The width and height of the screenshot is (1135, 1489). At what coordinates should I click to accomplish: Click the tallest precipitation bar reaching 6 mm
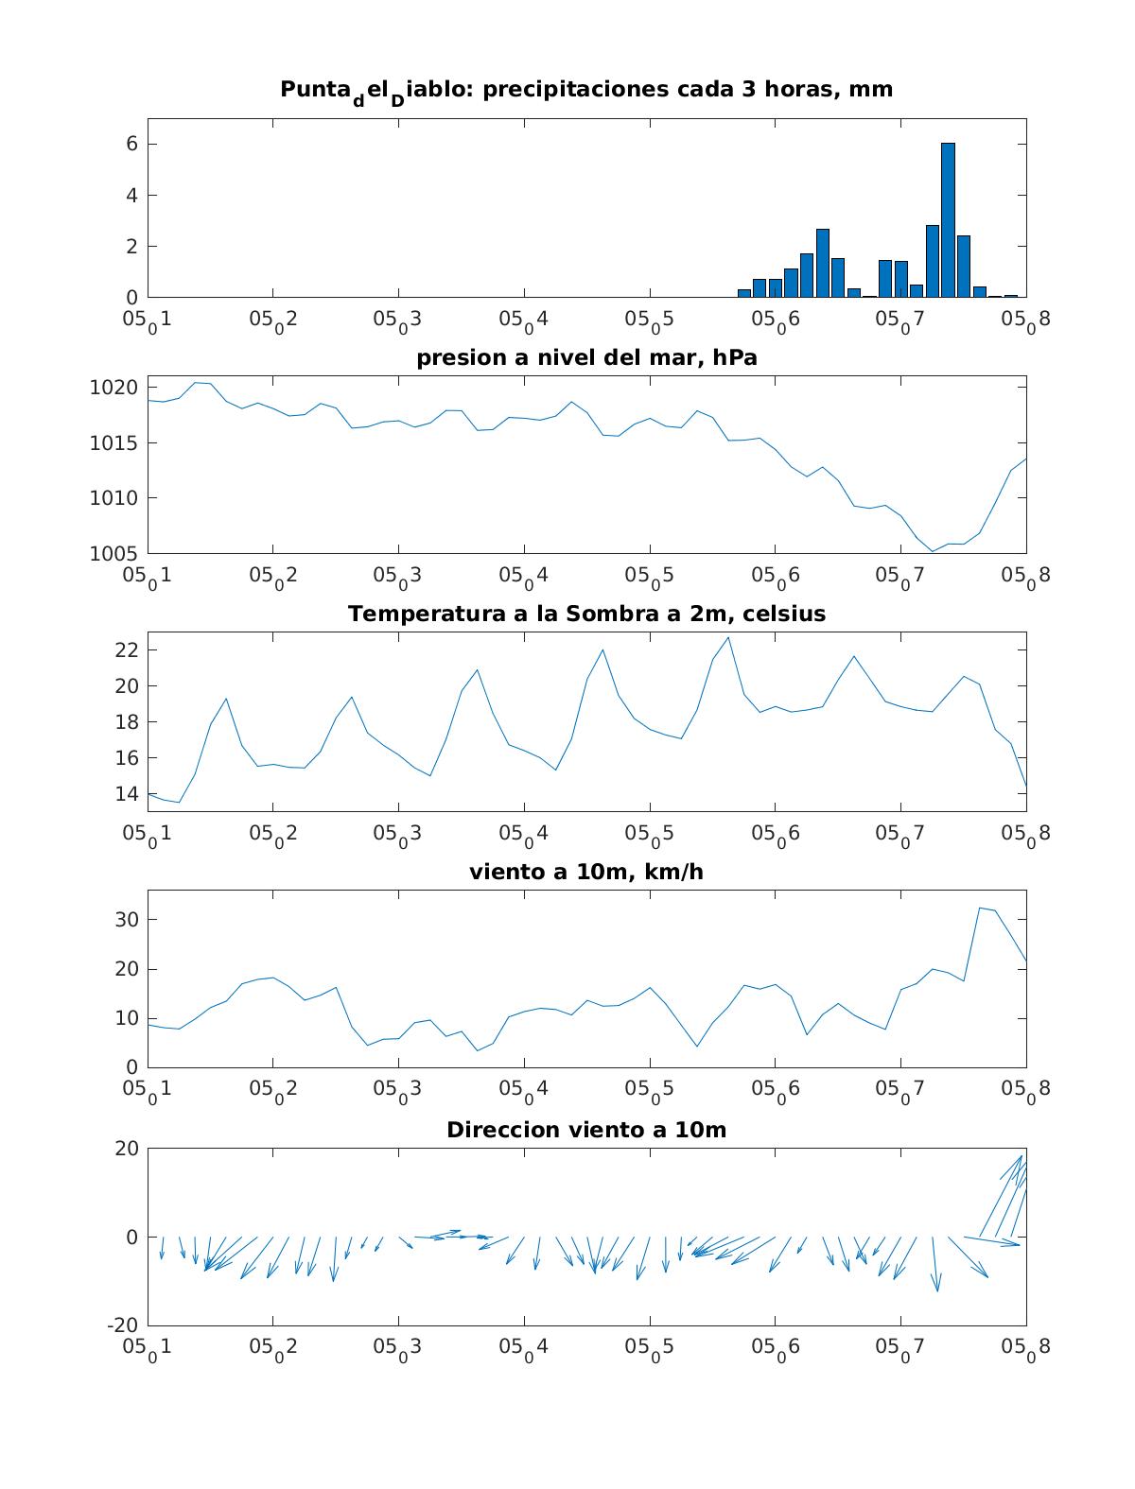[x=948, y=219]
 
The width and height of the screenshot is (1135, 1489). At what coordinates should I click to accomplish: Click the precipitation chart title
[x=586, y=93]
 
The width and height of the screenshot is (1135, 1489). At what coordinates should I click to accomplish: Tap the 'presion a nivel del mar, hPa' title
[x=586, y=357]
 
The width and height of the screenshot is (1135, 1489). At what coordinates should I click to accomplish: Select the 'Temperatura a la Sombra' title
[x=586, y=614]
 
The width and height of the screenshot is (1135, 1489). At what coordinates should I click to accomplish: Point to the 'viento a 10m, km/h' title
[x=586, y=872]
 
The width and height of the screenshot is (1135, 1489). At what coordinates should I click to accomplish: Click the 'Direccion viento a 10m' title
[x=586, y=1130]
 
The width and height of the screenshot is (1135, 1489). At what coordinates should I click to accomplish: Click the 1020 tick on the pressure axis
[x=113, y=388]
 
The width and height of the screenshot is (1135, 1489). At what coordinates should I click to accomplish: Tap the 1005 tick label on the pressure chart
[x=113, y=554]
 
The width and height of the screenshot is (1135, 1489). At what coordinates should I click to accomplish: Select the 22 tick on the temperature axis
[x=126, y=649]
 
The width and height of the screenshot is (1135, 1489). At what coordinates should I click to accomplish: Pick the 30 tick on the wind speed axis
[x=126, y=920]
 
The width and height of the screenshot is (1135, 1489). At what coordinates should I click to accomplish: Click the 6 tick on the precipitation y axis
[x=131, y=144]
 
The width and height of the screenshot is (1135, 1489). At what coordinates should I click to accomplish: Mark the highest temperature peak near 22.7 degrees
[x=728, y=637]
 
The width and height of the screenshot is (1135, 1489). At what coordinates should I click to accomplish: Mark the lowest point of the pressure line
[x=933, y=551]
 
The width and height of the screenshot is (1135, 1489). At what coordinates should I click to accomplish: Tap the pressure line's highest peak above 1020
[x=196, y=383]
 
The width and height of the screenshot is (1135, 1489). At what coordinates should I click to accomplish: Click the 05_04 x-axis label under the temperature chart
[x=523, y=835]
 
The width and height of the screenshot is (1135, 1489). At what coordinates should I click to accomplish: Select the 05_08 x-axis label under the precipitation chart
[x=1025, y=320]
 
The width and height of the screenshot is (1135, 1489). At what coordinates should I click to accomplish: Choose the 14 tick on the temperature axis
[x=126, y=794]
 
